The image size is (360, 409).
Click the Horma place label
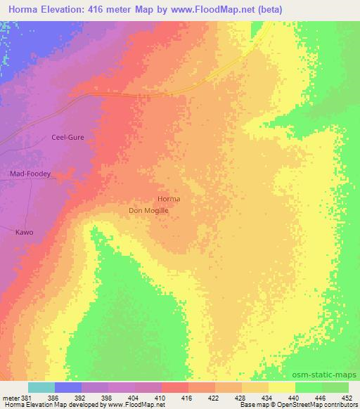click(169, 199)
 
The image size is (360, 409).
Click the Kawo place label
click(25, 231)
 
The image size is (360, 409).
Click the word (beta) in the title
click(268, 8)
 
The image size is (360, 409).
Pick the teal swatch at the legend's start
click(41, 387)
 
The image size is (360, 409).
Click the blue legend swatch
click(68, 387)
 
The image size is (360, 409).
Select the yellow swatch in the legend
click(282, 387)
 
